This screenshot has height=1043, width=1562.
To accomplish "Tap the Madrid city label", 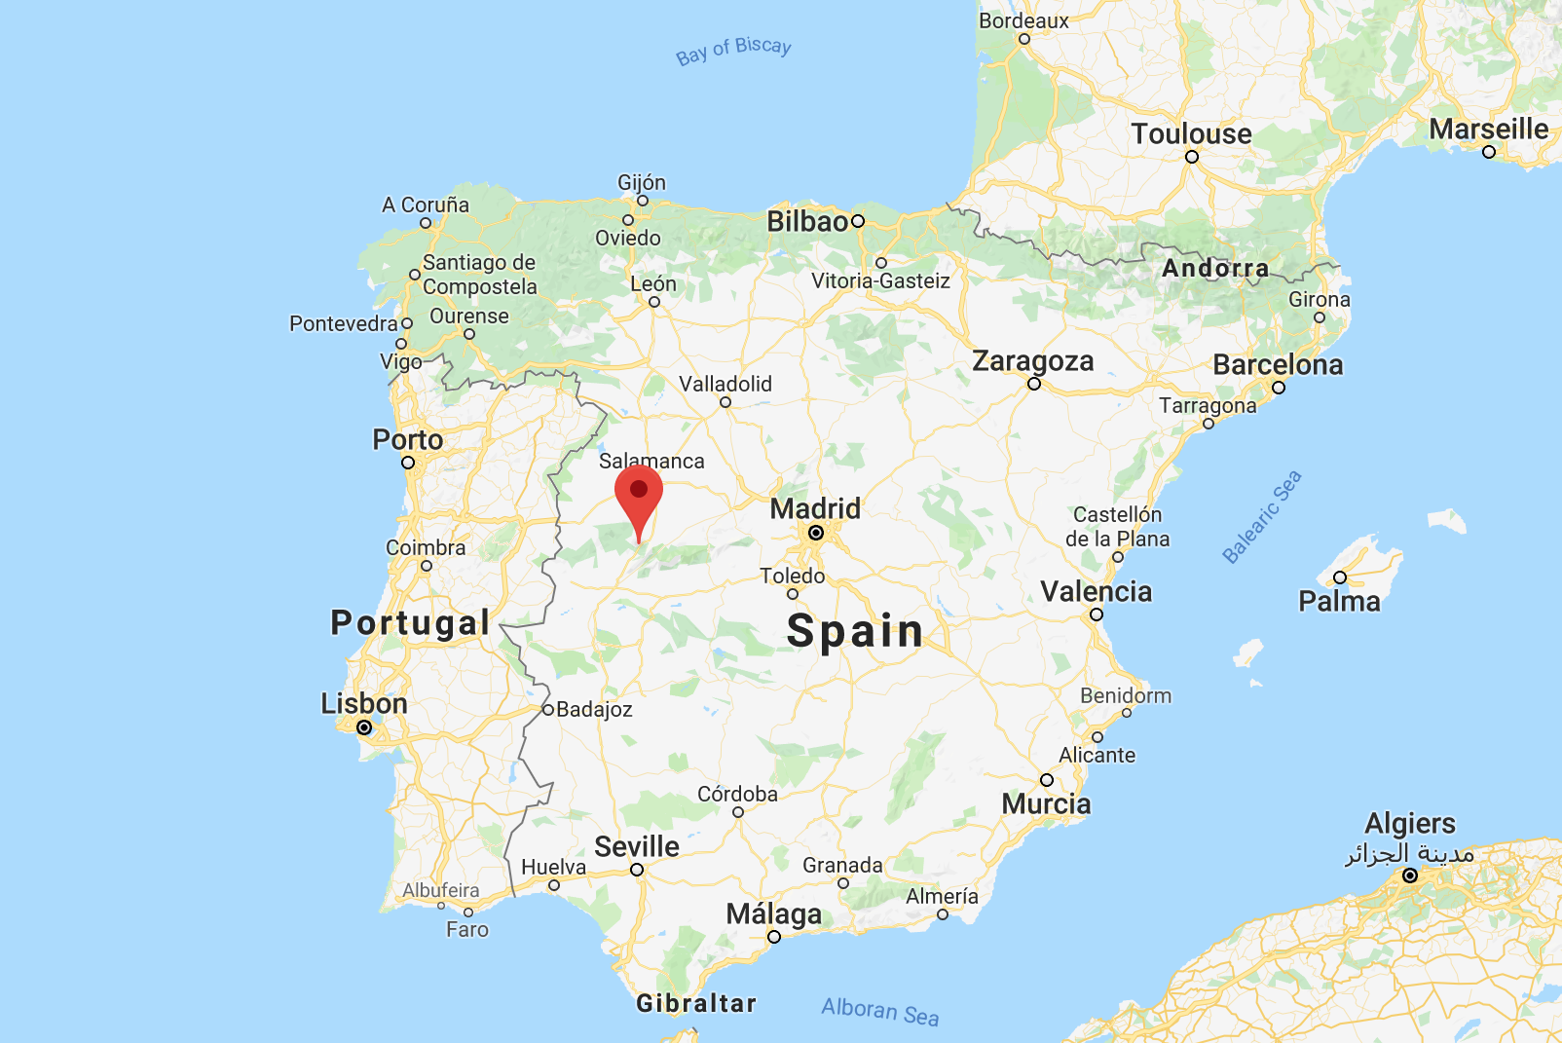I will (815, 508).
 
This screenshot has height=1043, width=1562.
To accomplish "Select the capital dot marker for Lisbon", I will (364, 727).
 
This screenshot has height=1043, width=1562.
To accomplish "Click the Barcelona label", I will (1278, 365).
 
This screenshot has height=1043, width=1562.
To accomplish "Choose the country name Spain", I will (855, 631).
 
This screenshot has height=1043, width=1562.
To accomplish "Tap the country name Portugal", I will (410, 622).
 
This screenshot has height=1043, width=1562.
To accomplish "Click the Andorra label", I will (1215, 268).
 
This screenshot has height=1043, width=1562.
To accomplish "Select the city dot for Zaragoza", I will (1034, 384).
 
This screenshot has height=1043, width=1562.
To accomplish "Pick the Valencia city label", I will (1096, 591).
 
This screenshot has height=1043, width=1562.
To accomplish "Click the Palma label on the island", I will (1339, 601).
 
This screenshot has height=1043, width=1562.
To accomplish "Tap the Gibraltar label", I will (696, 1003).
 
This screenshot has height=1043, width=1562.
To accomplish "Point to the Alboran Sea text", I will (880, 1012).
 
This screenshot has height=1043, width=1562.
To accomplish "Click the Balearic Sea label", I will (1262, 516).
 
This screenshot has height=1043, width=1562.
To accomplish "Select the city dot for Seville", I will (637, 870).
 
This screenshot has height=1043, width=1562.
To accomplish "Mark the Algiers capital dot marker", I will (1409, 875).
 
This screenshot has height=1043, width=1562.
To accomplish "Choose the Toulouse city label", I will (1191, 133).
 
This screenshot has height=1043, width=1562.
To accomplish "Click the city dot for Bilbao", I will (858, 221).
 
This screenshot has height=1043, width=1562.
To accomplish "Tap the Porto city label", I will (407, 439).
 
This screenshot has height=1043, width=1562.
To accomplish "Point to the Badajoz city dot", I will (548, 710).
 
